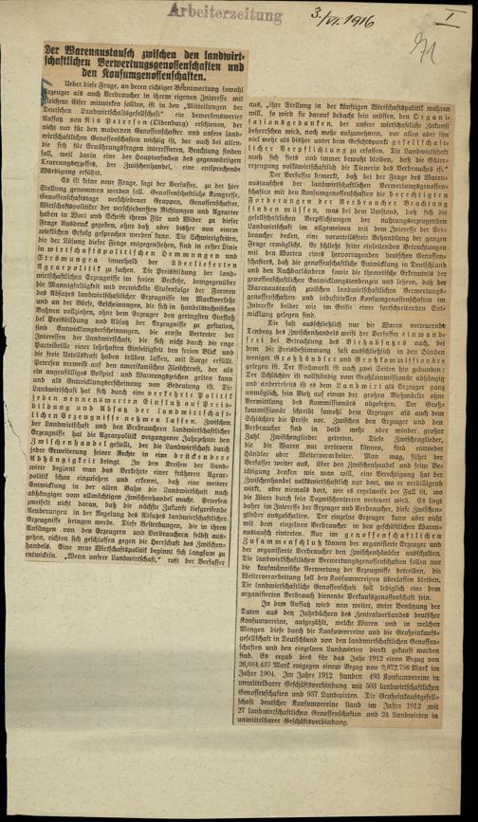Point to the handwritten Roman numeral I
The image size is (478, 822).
click(445, 12)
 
